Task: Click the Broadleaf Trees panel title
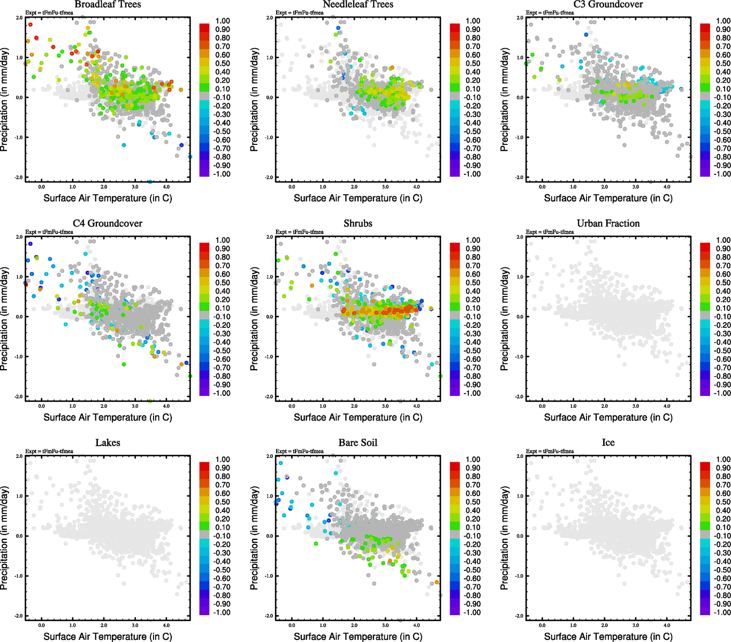[x=108, y=4]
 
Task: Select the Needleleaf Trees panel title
[x=357, y=4]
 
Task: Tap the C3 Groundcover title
[x=608, y=4]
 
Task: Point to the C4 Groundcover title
[x=108, y=223]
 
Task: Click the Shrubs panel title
[x=357, y=223]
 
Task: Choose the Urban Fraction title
[x=608, y=223]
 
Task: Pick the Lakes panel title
[x=108, y=442]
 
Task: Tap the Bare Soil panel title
[x=357, y=442]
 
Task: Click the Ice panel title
[x=608, y=442]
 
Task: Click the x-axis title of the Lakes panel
[x=108, y=636]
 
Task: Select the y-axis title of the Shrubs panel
[x=254, y=319]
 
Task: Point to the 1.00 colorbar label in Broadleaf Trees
[x=223, y=21]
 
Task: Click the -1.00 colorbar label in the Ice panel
[x=723, y=612]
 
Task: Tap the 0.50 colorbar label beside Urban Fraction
[x=723, y=282]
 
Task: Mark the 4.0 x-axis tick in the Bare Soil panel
[x=416, y=624]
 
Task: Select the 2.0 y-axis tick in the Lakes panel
[x=20, y=456]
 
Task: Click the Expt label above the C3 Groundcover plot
[x=550, y=12]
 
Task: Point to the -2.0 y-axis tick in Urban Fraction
[x=519, y=396]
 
